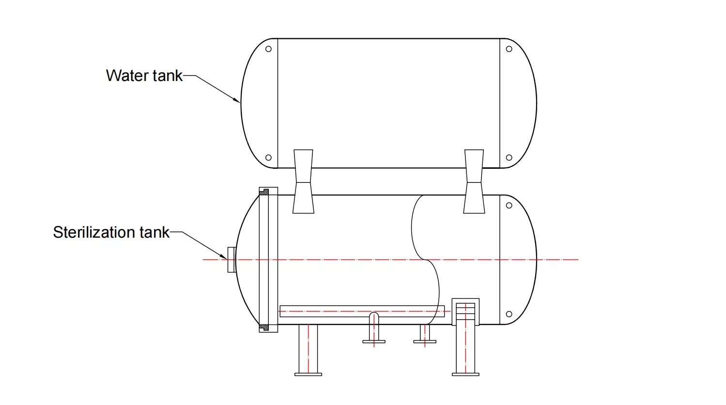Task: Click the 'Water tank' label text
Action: click(144, 76)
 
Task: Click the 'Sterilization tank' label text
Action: click(111, 232)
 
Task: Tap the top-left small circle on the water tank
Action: click(268, 49)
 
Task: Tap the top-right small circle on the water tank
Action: click(509, 49)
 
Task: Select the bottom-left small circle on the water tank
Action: click(268, 158)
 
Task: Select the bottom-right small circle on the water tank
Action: click(509, 158)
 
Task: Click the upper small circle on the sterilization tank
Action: click(509, 205)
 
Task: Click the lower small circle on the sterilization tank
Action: click(509, 314)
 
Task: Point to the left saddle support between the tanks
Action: click(304, 181)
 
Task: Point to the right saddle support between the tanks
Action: click(474, 181)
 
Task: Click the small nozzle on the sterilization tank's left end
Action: click(232, 259)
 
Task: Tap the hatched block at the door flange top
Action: click(264, 192)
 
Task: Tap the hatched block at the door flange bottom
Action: click(264, 327)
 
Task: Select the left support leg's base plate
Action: click(308, 374)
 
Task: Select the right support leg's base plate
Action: click(465, 374)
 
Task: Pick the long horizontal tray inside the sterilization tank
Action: click(362, 311)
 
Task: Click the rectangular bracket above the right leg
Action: click(465, 311)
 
